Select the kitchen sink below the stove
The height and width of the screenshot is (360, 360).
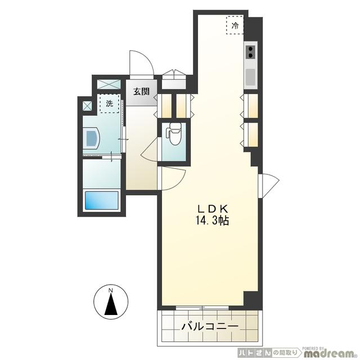(250, 76)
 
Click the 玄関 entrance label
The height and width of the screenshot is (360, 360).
(141, 92)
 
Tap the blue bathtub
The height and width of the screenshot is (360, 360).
(101, 201)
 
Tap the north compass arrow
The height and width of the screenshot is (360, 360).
(111, 305)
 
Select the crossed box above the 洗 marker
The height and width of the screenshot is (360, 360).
(109, 85)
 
